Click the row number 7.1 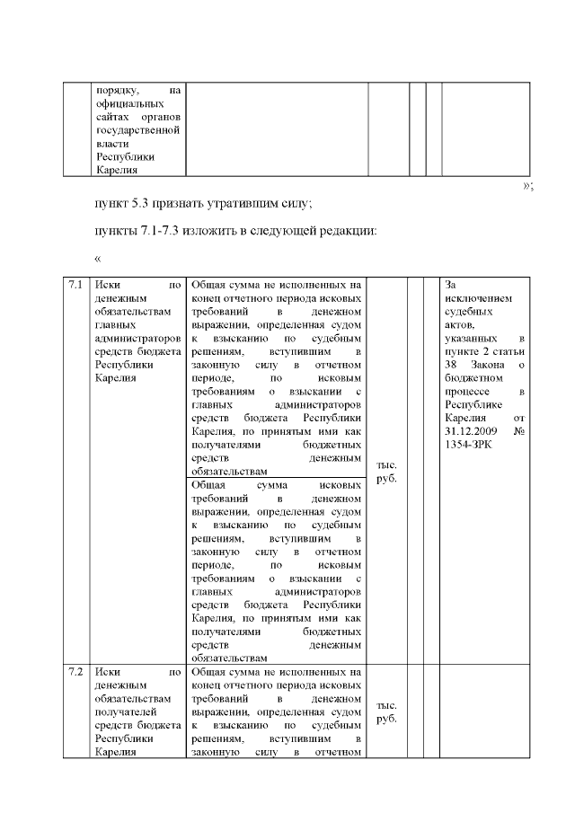tap(75, 285)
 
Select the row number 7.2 tap(75, 671)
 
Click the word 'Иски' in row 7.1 tap(108, 285)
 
